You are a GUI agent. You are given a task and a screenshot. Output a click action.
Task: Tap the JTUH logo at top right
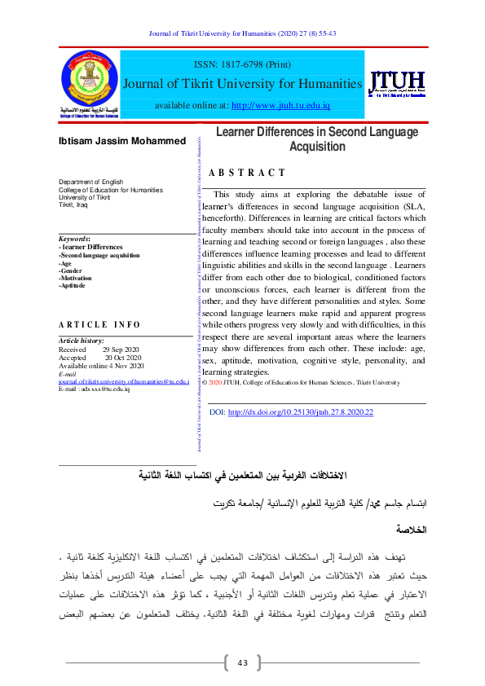click(x=397, y=84)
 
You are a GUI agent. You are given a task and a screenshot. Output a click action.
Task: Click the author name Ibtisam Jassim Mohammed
click(x=121, y=142)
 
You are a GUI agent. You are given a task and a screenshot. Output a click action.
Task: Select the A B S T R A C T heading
click(x=247, y=173)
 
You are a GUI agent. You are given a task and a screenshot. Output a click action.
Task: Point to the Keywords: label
click(x=74, y=239)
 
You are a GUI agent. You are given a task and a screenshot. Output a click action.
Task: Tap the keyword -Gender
click(x=72, y=270)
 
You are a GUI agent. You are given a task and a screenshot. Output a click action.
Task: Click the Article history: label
click(x=81, y=341)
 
